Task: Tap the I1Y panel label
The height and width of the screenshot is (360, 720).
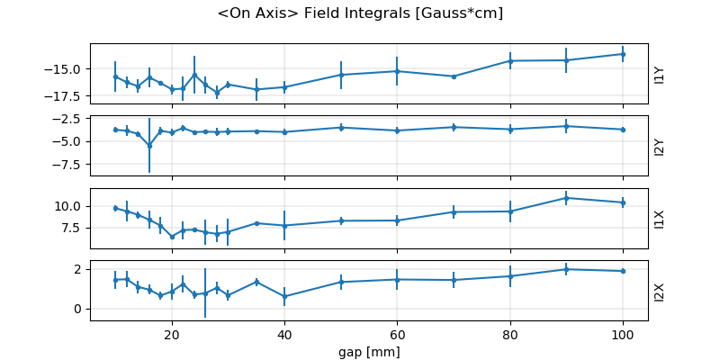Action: [660, 74]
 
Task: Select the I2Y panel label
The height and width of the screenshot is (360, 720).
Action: [660, 146]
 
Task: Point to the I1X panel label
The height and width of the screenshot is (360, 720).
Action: [660, 218]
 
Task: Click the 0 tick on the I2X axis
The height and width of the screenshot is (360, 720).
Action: [79, 309]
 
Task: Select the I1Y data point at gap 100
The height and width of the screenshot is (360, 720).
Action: [623, 54]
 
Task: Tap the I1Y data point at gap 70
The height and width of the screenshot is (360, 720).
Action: [454, 76]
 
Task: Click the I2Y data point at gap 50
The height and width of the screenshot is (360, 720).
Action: [341, 128]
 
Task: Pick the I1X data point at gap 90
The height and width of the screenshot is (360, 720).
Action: [566, 198]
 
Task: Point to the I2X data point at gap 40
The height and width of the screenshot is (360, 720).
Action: [284, 296]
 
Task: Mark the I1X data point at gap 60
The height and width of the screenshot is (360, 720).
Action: [397, 220]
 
